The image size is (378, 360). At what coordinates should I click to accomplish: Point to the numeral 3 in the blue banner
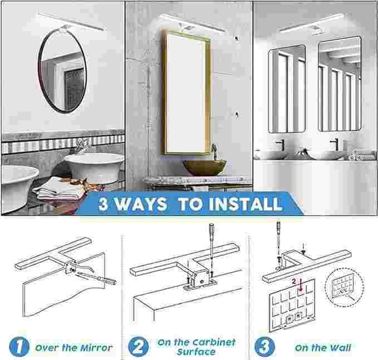point(105,203)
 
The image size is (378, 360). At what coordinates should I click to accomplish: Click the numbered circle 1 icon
point(17,347)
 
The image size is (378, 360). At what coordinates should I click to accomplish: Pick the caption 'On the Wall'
point(323,347)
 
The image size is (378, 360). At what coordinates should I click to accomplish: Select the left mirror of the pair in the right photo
point(287,89)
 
